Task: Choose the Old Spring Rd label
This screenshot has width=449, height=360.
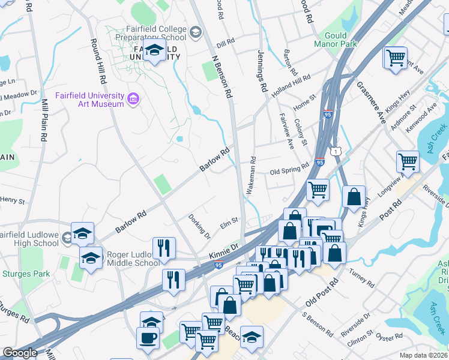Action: (289, 170)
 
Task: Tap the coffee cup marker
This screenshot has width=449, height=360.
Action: (148, 337)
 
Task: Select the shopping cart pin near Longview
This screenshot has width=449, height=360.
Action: (408, 161)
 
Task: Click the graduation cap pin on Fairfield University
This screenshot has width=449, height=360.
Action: (155, 51)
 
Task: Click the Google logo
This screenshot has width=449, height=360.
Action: (20, 353)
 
